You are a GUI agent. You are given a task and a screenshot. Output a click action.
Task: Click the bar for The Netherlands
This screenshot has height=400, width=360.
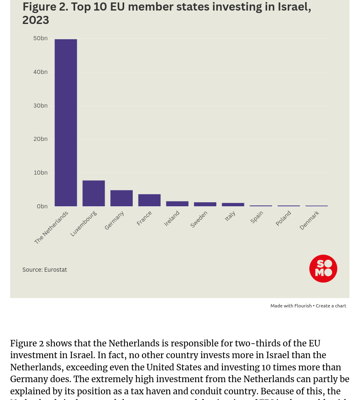pos(66,123)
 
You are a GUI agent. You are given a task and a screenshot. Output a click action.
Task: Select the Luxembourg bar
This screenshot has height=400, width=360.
pos(93,193)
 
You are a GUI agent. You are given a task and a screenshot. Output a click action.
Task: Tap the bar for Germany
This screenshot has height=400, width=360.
pos(121,198)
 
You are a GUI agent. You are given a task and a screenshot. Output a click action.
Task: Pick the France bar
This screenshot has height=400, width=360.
pos(149,200)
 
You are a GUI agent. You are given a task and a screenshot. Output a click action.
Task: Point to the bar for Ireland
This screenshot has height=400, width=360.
pos(177,204)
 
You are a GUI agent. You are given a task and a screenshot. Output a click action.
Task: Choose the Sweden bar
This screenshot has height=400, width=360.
pos(205,204)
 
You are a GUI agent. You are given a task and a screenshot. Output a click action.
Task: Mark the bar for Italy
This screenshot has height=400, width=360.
pos(233,205)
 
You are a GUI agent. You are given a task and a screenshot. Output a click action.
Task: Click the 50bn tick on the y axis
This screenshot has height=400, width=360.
pos(40,38)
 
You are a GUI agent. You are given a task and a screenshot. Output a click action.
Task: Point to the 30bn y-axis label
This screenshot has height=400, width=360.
pos(40,106)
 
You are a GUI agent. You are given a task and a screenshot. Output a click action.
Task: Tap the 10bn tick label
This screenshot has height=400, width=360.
pos(40,173)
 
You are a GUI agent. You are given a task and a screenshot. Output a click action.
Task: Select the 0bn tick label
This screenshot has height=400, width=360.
pos(42,206)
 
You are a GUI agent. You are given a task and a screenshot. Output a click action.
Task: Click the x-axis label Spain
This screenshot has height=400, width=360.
pos(257,217)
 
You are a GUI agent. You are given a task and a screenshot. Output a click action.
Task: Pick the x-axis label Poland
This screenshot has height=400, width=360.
pos(283,218)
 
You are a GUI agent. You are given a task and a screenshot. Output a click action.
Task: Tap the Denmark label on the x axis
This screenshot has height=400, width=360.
pos(309,220)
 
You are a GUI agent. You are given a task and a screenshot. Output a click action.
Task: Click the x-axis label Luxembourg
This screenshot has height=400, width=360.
pos(84,223)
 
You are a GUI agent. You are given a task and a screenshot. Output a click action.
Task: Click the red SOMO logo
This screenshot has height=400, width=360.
pos(323,268)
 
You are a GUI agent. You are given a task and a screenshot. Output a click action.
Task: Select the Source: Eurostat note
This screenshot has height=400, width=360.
pos(45,270)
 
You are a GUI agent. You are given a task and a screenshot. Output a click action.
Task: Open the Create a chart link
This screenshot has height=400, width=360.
pos(331,306)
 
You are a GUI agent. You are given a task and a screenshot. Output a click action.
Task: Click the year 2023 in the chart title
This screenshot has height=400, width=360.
pos(36,20)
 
